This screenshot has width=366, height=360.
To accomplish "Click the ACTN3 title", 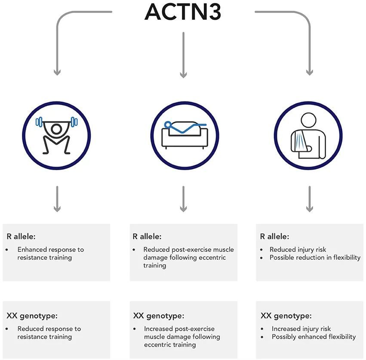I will pyautogui.click(x=183, y=12).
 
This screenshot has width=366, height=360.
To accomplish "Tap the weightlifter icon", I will pyautogui.click(x=57, y=135).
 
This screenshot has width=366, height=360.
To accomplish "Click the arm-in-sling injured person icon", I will pyautogui.click(x=309, y=135).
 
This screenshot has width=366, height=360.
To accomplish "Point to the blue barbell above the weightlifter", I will pyautogui.click(x=57, y=121).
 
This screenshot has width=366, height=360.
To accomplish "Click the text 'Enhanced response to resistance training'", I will pyautogui.click(x=50, y=253).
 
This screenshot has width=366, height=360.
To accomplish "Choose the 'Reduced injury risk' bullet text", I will pyautogui.click(x=298, y=249).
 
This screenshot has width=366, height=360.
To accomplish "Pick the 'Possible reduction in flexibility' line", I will pyautogui.click(x=315, y=258).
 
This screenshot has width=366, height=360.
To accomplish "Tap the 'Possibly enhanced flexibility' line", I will pyautogui.click(x=314, y=336).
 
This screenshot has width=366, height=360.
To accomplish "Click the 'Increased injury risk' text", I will pyautogui.click(x=301, y=329).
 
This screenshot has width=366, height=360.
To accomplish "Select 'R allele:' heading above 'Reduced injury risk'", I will pyautogui.click(x=274, y=236).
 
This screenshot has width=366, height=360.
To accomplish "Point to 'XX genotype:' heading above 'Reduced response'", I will pyautogui.click(x=31, y=316).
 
